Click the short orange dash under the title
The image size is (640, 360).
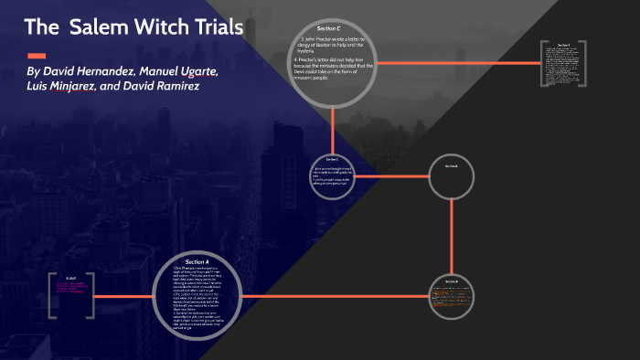click(37, 54)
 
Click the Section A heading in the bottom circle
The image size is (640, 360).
click(197, 262)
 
